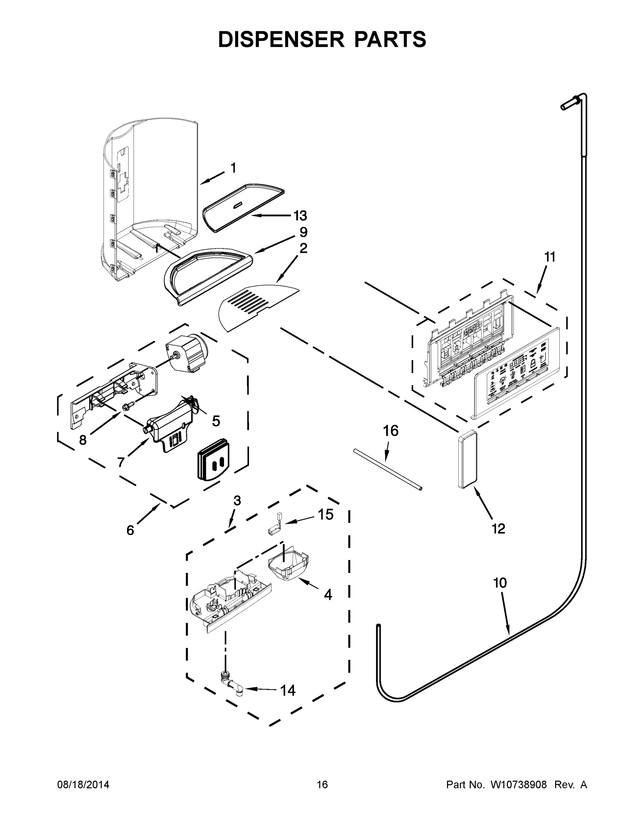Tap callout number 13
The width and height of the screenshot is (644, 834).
pos(300,216)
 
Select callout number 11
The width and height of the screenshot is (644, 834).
pos(549,257)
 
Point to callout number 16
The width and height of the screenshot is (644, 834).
pos(391,431)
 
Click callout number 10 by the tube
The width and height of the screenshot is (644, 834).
pos(500,583)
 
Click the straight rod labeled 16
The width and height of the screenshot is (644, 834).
pos(387,470)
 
